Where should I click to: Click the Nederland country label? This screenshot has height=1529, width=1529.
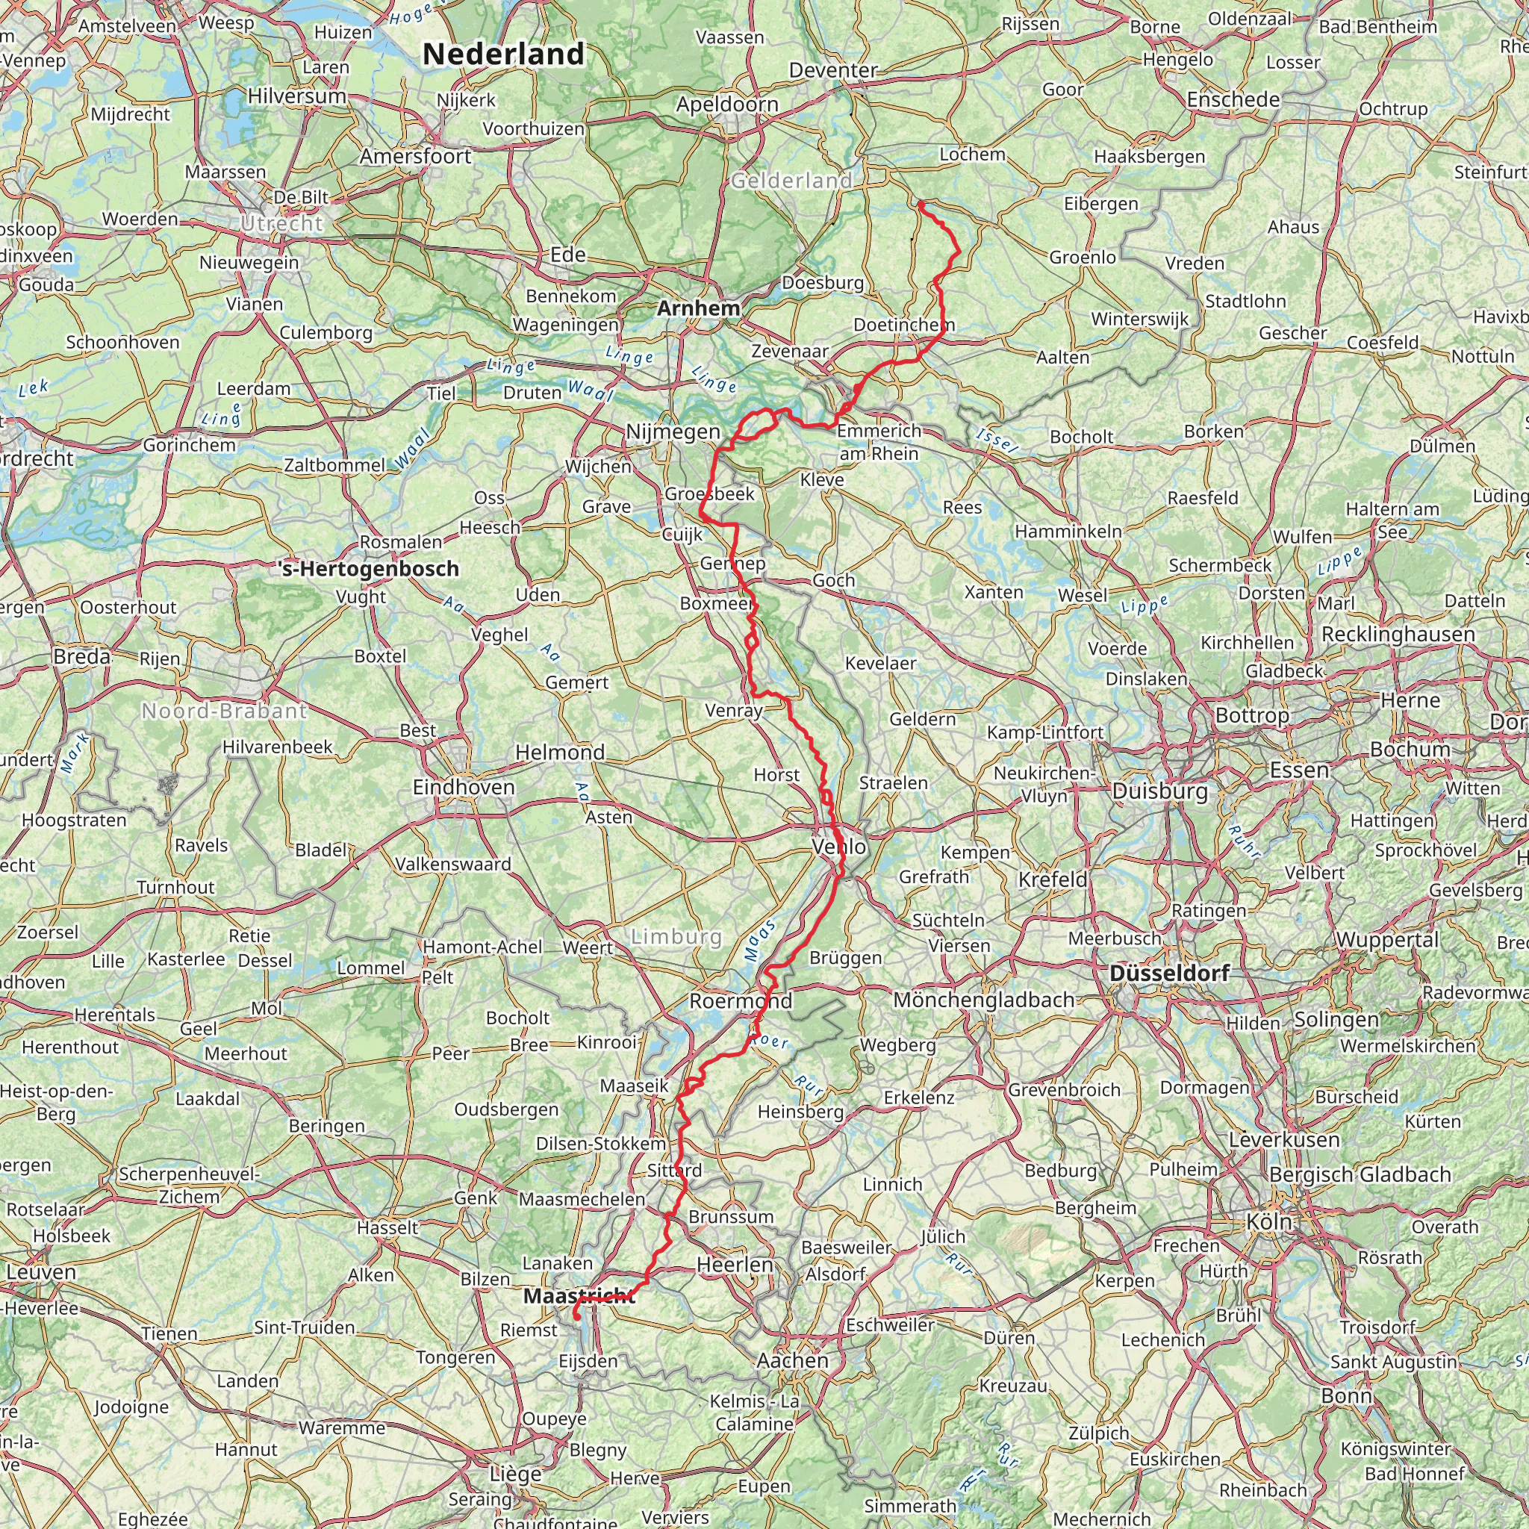tap(503, 55)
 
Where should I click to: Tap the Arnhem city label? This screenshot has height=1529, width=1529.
tap(698, 308)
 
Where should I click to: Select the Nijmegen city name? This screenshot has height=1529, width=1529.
tap(673, 432)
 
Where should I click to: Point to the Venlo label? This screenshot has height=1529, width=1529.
tap(840, 846)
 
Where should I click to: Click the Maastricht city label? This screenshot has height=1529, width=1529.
tap(579, 1295)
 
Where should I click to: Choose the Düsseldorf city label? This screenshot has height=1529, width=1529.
tap(1170, 973)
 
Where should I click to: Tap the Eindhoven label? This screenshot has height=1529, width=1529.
tap(464, 788)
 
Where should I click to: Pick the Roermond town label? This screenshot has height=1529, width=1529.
tap(741, 1001)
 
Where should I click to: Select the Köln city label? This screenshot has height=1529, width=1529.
tap(1269, 1221)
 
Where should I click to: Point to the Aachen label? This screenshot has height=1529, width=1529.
tap(792, 1360)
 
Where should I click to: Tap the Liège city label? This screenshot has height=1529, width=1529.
tap(516, 1474)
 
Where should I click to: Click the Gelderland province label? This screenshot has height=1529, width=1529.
tap(791, 181)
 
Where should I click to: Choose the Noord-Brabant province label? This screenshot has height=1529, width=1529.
tap(224, 711)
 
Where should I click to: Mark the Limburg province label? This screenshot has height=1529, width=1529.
tap(676, 937)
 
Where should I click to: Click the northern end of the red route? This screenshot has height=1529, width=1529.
tap(921, 203)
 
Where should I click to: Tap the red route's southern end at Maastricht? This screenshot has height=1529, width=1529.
tap(576, 1316)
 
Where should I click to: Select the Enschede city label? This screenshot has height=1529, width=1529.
tap(1233, 100)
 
